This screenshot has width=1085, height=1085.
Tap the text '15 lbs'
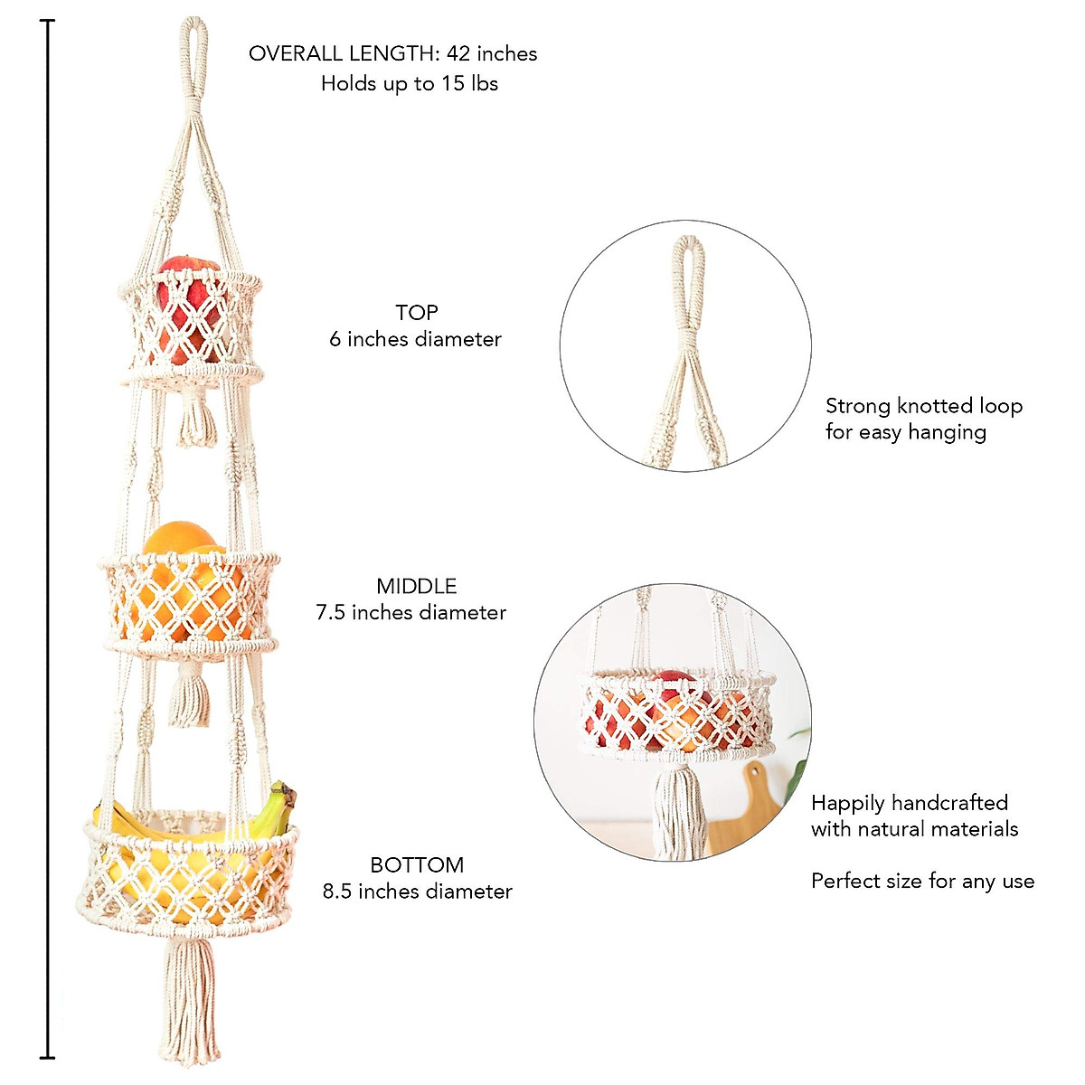tap(469, 84)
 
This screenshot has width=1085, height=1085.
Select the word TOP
tap(417, 313)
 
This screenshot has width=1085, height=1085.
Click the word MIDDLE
tap(417, 586)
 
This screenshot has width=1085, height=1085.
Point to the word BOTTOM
tap(417, 865)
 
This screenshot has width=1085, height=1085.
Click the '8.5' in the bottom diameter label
tap(337, 892)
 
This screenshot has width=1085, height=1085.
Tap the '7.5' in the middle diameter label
tap(330, 613)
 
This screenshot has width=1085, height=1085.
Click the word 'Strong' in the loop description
tap(857, 407)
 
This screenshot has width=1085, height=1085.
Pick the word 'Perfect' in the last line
tap(846, 882)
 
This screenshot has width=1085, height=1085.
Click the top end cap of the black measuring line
tap(48, 21)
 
